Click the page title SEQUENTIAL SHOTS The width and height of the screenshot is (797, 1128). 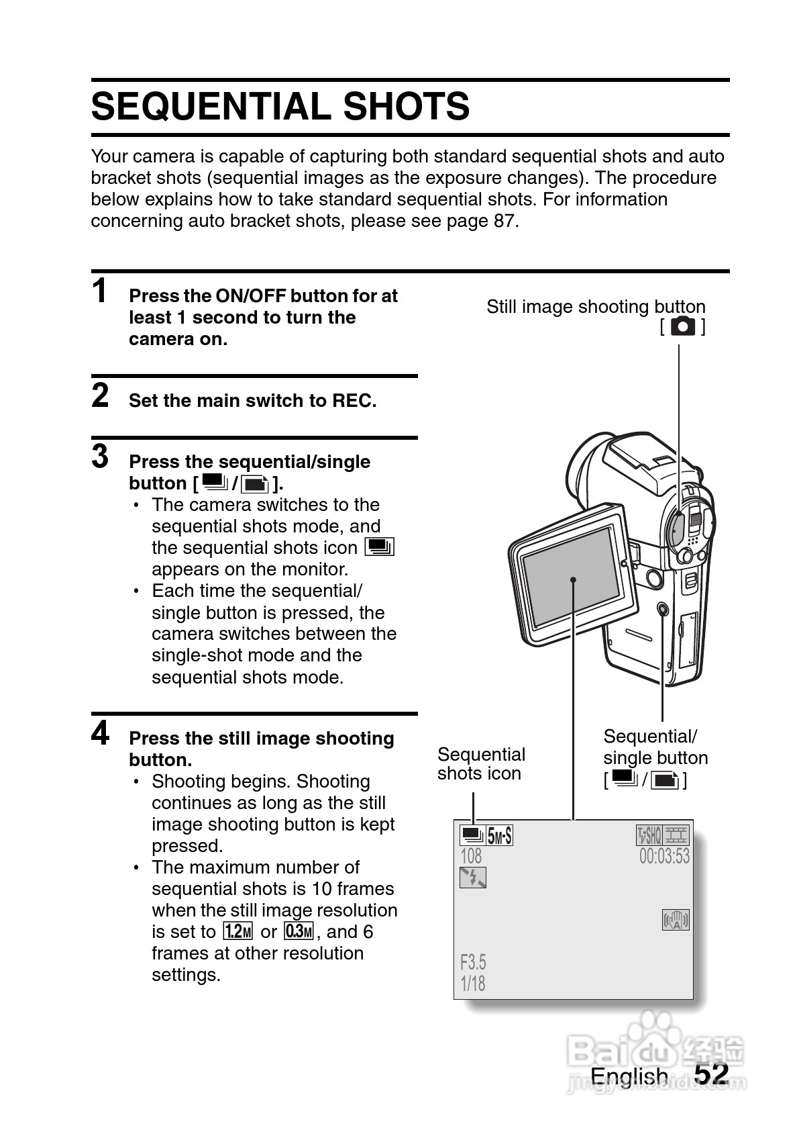[280, 107]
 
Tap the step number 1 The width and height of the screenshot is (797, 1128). [99, 291]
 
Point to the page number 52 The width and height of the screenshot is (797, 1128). [711, 1074]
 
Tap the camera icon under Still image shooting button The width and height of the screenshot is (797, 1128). [683, 327]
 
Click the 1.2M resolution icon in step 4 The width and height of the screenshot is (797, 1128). [237, 931]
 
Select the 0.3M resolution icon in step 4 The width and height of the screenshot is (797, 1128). [299, 931]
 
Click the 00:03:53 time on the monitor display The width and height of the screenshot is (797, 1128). [664, 856]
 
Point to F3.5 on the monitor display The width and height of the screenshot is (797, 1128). [473, 962]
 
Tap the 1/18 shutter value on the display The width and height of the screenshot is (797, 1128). [472, 984]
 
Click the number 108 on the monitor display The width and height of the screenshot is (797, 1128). [471, 856]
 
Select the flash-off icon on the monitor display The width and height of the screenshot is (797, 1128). [473, 878]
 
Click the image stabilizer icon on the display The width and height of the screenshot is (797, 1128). [676, 920]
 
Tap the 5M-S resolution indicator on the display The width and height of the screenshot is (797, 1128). [500, 836]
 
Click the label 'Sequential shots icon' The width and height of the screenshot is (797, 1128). [481, 764]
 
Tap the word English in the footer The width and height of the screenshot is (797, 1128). [629, 1076]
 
